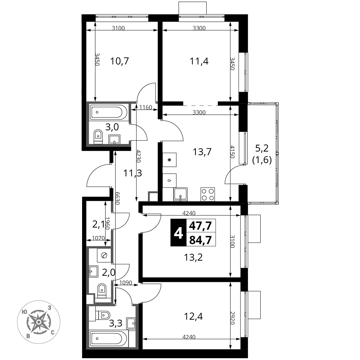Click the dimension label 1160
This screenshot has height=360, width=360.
coord(146,107)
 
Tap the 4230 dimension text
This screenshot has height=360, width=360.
coord(138,156)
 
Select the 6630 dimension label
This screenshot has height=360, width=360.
coord(117,198)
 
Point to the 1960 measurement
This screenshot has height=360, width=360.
coord(107,223)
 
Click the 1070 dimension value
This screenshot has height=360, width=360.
coord(98,238)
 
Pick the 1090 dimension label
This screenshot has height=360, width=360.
coord(126,283)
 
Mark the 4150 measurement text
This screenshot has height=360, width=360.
coord(233,152)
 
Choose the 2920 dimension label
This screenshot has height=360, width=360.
coord(233,318)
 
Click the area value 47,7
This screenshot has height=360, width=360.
coord(201,226)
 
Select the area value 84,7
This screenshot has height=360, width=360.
coord(201,240)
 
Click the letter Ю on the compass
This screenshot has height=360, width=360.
coord(24,312)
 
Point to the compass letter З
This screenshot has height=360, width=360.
coord(49,308)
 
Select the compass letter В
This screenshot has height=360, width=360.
coord(28,336)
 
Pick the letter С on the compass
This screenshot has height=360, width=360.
coord(53,332)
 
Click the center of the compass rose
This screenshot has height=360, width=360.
coord(39,322)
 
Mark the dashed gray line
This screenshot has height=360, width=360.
coord(201,105)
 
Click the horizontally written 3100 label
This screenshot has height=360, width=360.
coord(118,28)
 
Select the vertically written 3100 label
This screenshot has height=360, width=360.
coord(233,241)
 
